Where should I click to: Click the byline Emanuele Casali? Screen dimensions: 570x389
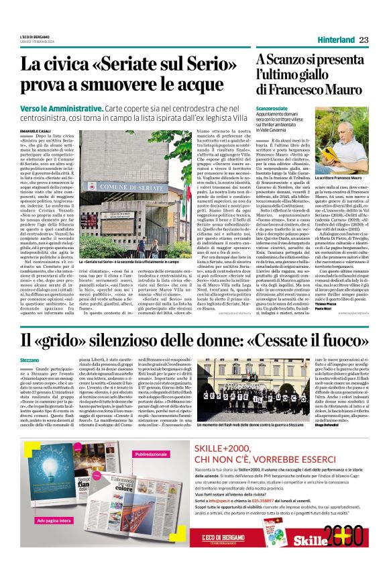pyautogui.click(x=34, y=130)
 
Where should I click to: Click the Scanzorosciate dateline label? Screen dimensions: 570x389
pyautogui.click(x=275, y=109)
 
